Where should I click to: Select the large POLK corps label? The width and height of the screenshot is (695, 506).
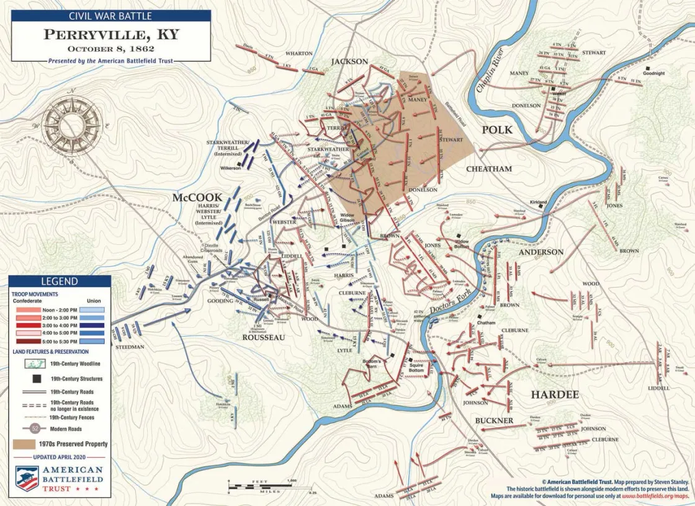pos(497,130)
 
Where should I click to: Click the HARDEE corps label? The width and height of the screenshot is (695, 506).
pos(554,394)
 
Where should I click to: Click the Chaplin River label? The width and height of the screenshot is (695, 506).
pos(490,73)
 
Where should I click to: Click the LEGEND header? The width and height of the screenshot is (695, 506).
pos(60,281)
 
